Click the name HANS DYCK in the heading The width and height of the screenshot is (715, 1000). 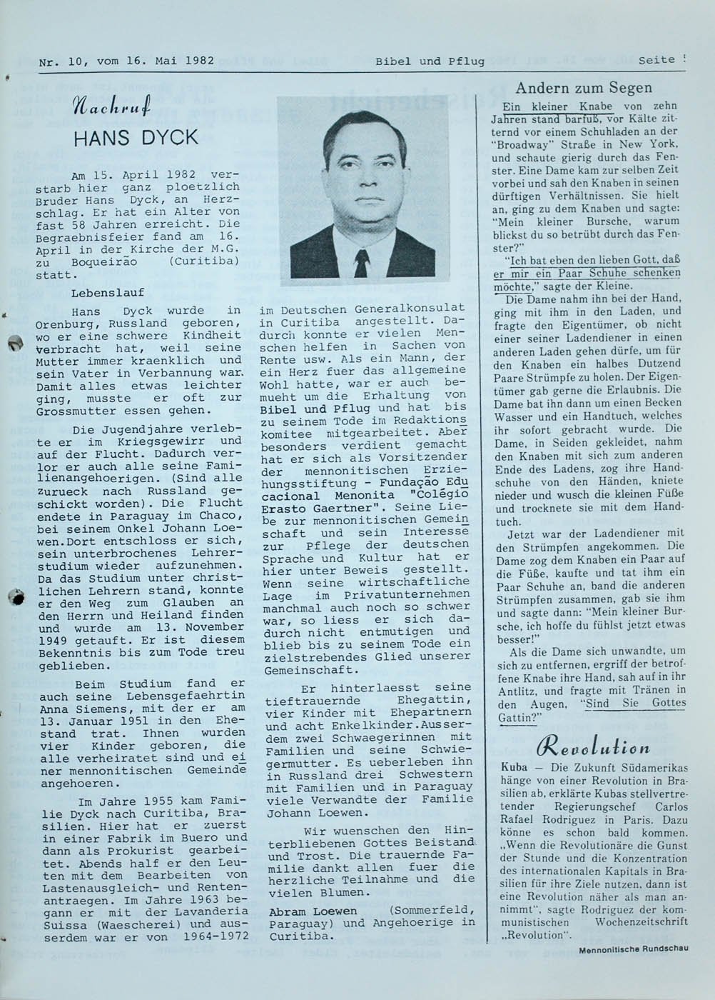tap(136, 137)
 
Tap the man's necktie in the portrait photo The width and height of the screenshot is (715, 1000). tap(361, 264)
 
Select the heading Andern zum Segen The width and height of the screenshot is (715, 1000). tap(584, 88)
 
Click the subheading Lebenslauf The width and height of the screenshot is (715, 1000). tap(108, 292)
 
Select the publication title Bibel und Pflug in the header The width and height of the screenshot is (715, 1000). tap(430, 61)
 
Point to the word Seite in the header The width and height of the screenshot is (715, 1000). tap(657, 60)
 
